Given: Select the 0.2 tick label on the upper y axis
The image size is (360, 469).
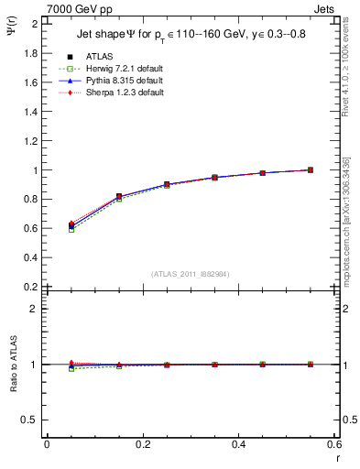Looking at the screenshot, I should tap(32, 287).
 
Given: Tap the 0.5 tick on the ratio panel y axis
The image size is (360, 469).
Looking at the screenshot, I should tap(32, 420).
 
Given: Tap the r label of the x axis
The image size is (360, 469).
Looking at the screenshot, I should tap(335, 459).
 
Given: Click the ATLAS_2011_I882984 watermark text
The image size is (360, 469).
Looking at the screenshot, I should tap(190, 273).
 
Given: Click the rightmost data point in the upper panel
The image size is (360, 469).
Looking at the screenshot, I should tap(310, 169).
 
